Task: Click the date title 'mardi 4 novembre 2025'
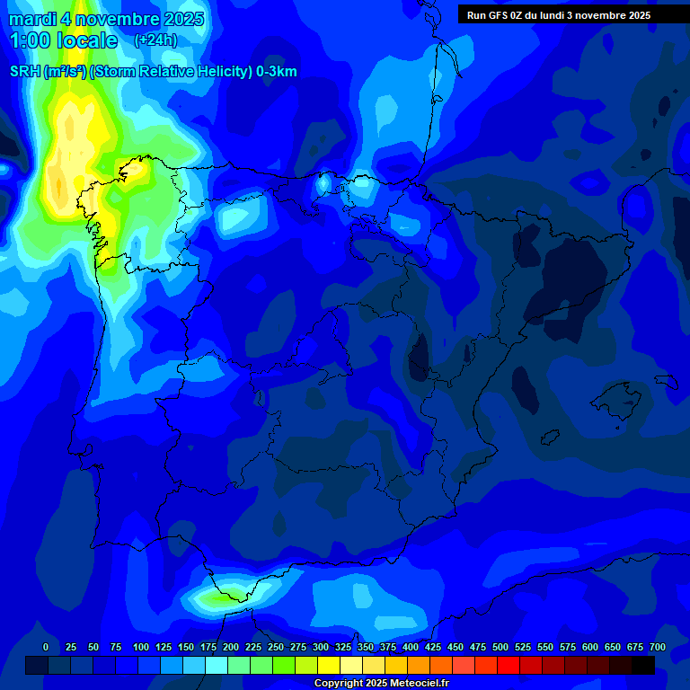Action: (x=106, y=19)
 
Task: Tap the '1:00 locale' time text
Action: (x=64, y=40)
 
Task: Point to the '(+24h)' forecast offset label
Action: (x=155, y=40)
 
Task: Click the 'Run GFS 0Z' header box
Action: (x=559, y=14)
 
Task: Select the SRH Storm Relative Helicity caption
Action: (x=154, y=72)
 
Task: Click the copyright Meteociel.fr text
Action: (x=381, y=684)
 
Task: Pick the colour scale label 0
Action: (x=46, y=648)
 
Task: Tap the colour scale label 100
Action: (x=141, y=648)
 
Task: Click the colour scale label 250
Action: (x=276, y=648)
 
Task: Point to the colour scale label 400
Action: (x=411, y=648)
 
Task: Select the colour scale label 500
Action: (x=500, y=648)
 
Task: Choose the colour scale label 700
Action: (x=657, y=648)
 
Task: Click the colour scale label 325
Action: (x=343, y=648)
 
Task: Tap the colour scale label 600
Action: (x=590, y=648)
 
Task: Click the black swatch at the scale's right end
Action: (x=643, y=665)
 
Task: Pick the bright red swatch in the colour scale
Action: (x=509, y=665)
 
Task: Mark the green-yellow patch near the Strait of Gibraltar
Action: (x=220, y=596)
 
